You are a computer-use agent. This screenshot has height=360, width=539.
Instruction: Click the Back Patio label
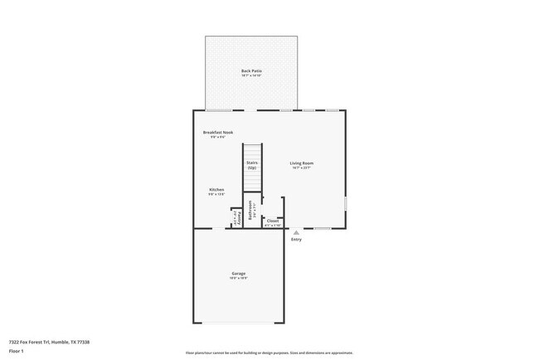tap(251, 71)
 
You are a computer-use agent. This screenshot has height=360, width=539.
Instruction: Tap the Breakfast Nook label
tap(218, 133)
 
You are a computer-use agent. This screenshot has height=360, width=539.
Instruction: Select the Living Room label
tap(301, 163)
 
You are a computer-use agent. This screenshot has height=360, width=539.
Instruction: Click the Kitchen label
tap(216, 190)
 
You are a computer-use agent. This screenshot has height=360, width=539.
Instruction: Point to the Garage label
tap(238, 274)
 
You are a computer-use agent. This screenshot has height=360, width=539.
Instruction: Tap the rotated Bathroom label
tap(250, 212)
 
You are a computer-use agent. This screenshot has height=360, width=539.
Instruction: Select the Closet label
tap(273, 221)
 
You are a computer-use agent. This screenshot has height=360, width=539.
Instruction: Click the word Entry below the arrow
tap(296, 240)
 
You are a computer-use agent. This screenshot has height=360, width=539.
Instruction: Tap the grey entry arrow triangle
tap(296, 233)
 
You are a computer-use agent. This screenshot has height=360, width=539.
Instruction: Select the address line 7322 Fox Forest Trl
tap(49, 342)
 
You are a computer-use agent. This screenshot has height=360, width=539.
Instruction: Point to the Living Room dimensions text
tap(301, 168)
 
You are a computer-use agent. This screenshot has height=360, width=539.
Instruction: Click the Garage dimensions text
tap(238, 279)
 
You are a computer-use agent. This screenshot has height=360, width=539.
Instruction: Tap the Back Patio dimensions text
tap(251, 76)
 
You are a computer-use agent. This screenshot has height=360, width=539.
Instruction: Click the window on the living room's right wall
tap(346, 203)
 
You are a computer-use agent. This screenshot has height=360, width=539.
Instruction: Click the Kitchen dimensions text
tap(216, 195)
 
